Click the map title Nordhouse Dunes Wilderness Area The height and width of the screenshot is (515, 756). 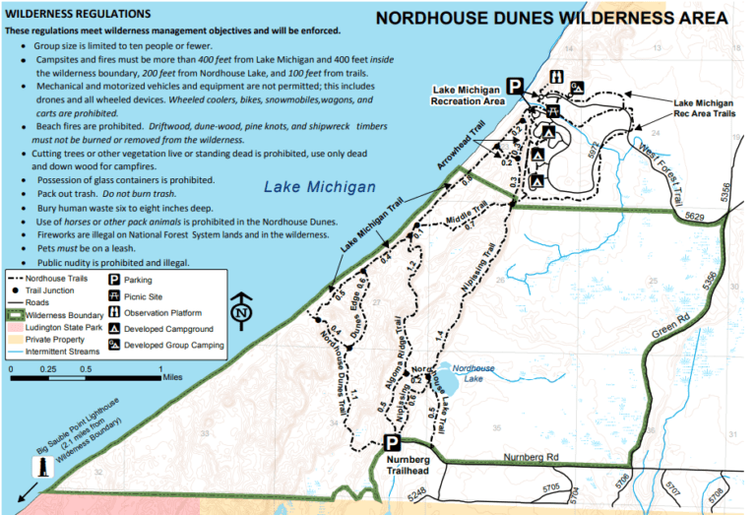coord(552,19)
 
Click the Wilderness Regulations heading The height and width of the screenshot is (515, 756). coord(78,15)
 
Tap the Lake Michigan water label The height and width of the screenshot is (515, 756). coord(320,187)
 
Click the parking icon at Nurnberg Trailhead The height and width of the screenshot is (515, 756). coord(391,445)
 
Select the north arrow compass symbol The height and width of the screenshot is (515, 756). coord(239,312)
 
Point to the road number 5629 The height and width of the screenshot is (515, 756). coord(695,216)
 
